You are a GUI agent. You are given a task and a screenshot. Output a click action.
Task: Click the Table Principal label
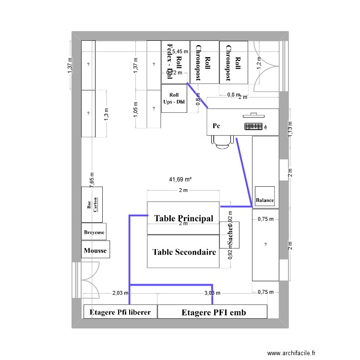[x=183, y=218]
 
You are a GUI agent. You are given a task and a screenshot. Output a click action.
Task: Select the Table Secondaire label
[x=184, y=252]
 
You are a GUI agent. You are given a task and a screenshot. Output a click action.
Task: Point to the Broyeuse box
[x=94, y=232]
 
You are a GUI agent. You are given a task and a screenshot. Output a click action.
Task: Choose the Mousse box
[x=95, y=250]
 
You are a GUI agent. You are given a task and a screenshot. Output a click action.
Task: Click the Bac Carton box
[x=92, y=205]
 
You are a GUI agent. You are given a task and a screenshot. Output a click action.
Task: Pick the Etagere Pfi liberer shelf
[x=120, y=312]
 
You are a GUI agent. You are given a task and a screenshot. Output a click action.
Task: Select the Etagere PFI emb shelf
[x=212, y=312]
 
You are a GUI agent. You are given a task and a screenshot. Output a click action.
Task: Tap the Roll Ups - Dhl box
[x=174, y=98]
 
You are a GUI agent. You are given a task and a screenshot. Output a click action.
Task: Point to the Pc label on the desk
[x=216, y=126]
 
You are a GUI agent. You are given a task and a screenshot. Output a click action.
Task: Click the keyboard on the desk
[x=253, y=127]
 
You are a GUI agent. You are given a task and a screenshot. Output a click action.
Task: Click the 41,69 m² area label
[x=180, y=180]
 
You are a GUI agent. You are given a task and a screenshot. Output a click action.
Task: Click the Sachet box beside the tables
[x=229, y=235]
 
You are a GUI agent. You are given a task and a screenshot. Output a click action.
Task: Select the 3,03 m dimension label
[x=212, y=293]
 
